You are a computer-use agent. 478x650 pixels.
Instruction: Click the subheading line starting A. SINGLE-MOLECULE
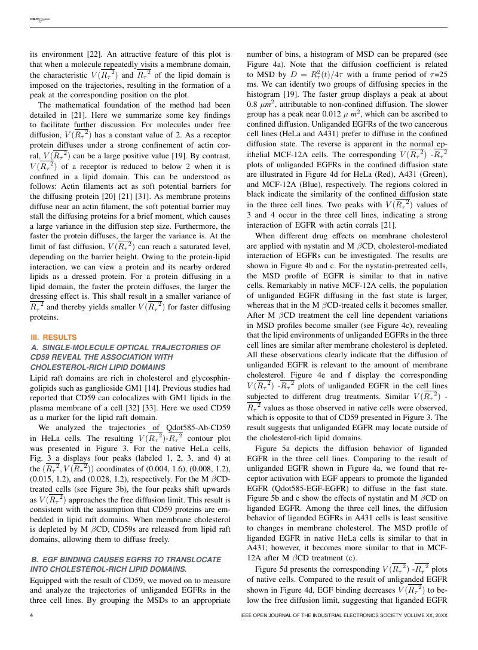[x=125, y=347]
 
